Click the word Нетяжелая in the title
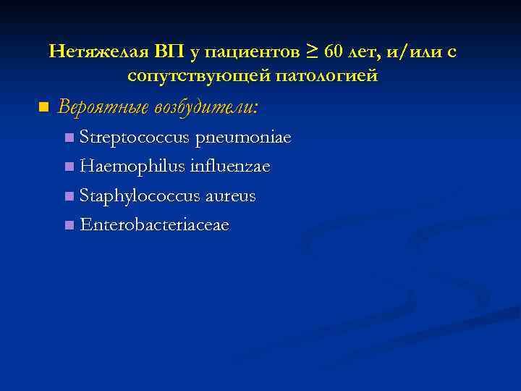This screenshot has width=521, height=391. [x=97, y=52]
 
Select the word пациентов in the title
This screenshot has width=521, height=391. [x=250, y=52]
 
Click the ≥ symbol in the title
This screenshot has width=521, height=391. [x=312, y=52]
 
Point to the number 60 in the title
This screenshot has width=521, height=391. [x=334, y=52]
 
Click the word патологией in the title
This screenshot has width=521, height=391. [x=332, y=75]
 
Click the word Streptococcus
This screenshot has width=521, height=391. [x=135, y=137]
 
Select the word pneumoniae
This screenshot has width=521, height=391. [x=243, y=138]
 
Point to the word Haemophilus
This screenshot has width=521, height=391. [x=132, y=167]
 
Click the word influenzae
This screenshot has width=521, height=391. [x=229, y=167]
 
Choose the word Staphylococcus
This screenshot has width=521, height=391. [x=140, y=196]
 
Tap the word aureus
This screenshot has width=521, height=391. [x=230, y=196]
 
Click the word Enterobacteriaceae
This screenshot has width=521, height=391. [x=155, y=225]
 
